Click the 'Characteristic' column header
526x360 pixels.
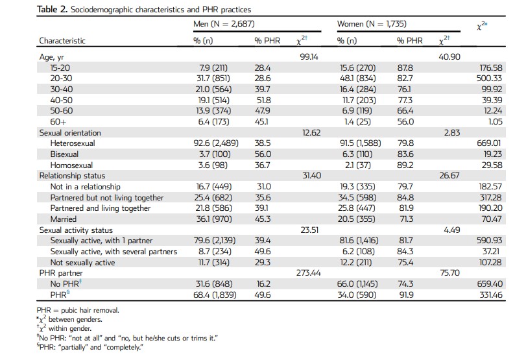point(62,41)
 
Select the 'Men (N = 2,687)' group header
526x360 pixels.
point(224,24)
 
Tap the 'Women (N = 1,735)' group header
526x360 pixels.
point(372,24)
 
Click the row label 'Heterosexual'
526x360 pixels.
point(73,143)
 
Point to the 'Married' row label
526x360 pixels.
point(64,219)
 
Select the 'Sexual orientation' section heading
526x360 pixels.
point(70,133)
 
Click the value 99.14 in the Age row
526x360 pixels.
point(309,57)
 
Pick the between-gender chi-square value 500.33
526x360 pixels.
point(489,78)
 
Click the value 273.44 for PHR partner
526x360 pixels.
point(308,273)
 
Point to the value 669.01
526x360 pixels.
point(489,143)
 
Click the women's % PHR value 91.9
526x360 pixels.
point(405,295)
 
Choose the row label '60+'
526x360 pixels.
point(58,122)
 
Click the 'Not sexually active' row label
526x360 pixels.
point(82,262)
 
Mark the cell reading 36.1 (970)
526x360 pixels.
point(213,219)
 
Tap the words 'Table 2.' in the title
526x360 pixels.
point(52,9)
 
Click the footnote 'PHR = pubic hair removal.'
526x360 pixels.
point(78,310)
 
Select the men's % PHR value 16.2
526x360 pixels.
point(263,284)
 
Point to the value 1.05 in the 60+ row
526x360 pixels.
point(495,122)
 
